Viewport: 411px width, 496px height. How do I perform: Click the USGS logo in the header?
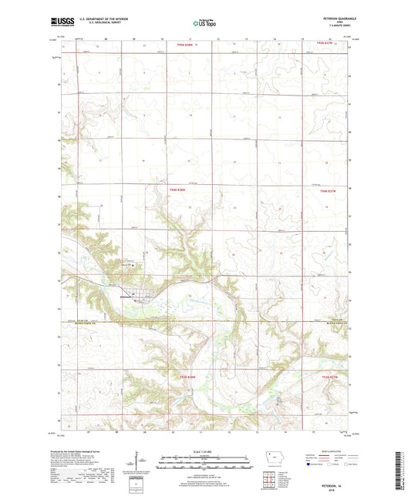coord(58,22)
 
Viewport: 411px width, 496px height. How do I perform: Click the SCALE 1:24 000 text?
coord(204,451)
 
